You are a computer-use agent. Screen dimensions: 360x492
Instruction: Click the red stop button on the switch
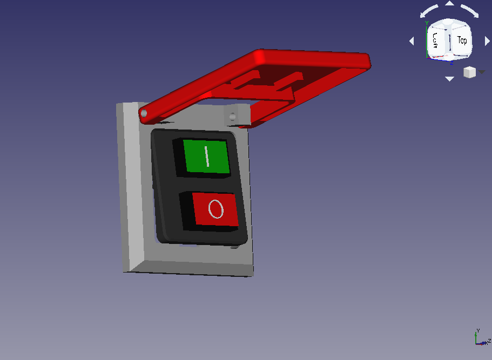tap(215, 209)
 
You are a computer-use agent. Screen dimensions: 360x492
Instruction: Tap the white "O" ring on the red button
tap(215, 209)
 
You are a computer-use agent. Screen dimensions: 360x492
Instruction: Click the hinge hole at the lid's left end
tap(144, 113)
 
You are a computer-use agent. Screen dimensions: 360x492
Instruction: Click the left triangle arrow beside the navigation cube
tap(412, 41)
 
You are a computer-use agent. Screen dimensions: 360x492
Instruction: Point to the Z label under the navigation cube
tap(451, 62)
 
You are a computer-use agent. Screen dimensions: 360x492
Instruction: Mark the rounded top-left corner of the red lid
tap(260, 55)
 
